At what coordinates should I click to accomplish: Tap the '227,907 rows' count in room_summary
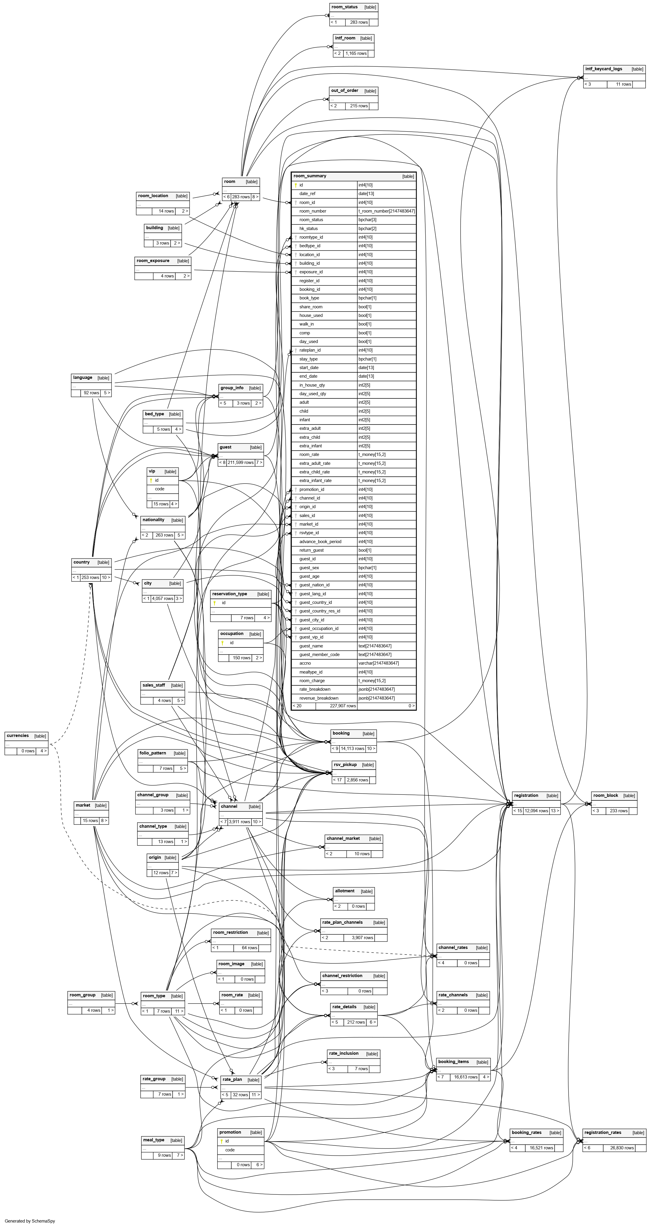pos(343,706)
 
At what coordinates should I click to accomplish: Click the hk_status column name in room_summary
pos(308,229)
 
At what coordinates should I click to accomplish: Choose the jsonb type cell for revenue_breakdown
pos(376,698)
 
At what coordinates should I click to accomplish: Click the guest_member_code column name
pos(319,655)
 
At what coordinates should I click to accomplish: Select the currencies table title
pos(17,735)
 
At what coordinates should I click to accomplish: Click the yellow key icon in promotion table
pos(221,1141)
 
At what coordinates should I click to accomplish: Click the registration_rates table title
pos(602,1133)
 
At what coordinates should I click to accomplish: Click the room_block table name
pos(605,795)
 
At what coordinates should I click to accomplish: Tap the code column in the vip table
pos(159,489)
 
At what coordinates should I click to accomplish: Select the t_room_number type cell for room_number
pos(386,211)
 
